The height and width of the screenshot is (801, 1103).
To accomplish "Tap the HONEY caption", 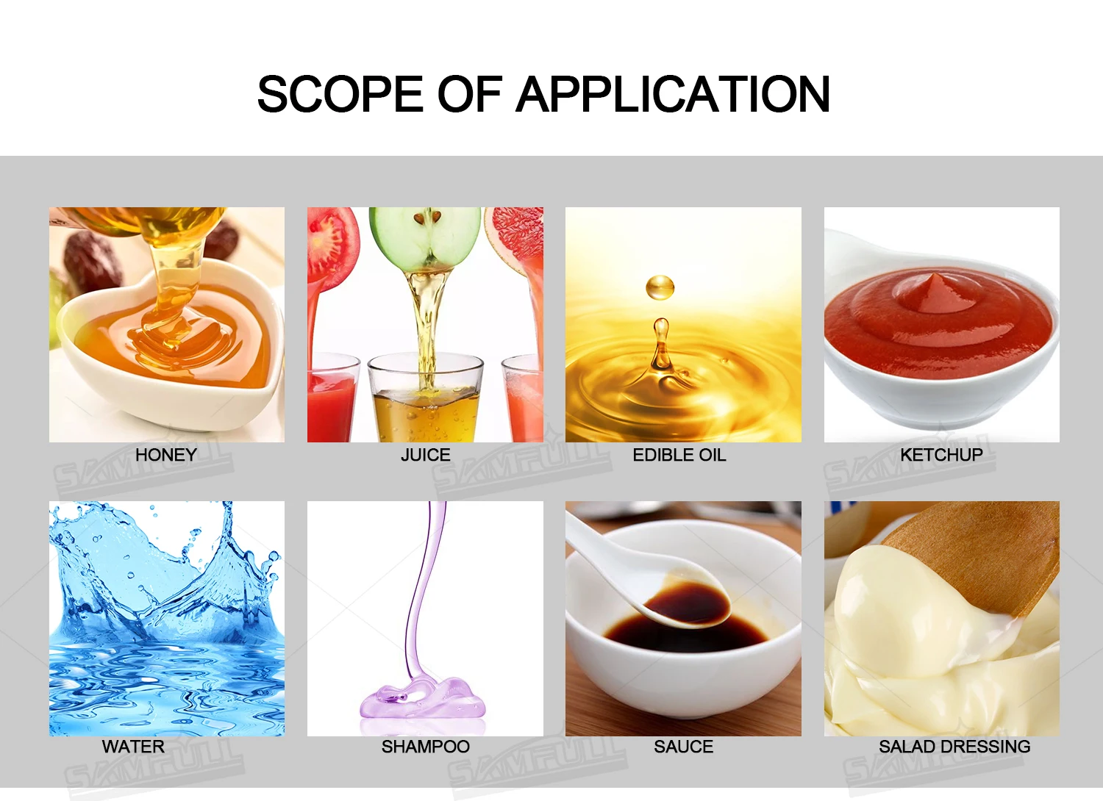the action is (x=166, y=455).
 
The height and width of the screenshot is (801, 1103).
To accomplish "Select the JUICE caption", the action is (x=426, y=455).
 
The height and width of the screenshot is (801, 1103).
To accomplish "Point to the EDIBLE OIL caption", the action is (x=679, y=455).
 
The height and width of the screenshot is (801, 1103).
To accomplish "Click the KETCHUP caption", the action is (x=941, y=455).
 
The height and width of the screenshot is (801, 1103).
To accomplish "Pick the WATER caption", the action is (x=133, y=747).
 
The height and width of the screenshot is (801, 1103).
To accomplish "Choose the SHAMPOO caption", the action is (x=426, y=747).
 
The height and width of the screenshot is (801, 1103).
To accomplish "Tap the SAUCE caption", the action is (x=683, y=747).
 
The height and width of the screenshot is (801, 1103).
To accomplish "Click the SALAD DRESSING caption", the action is (x=954, y=747).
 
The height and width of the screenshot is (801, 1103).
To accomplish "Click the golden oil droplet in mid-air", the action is (x=660, y=287).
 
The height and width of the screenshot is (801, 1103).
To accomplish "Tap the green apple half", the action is (x=425, y=237).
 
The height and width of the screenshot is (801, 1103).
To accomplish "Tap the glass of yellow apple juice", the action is (x=426, y=398).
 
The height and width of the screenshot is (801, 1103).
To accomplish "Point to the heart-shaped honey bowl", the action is (x=170, y=345).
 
